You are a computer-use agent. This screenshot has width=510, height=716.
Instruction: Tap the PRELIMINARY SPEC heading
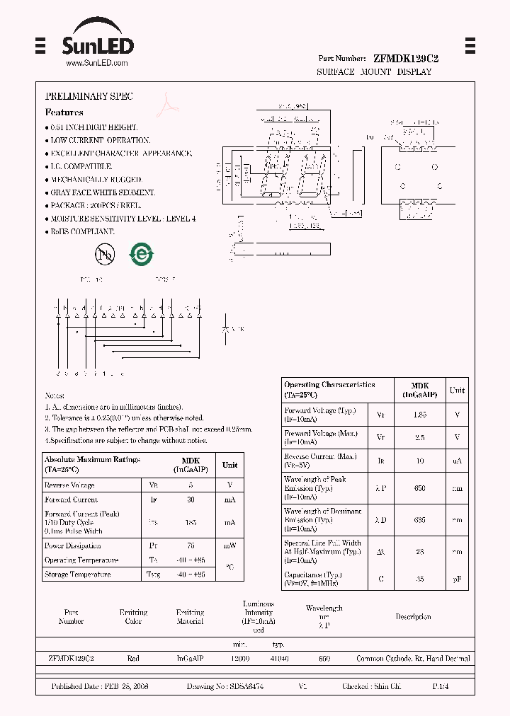pyautogui.click(x=89, y=96)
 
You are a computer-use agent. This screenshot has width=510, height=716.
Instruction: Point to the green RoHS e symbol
pyautogui.click(x=141, y=255)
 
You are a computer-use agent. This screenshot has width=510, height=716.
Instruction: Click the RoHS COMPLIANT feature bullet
pyautogui.click(x=82, y=232)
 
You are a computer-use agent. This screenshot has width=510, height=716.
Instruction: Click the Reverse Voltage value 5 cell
pyautogui.click(x=189, y=485)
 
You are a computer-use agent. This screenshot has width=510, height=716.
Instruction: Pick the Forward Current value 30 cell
pyautogui.click(x=189, y=500)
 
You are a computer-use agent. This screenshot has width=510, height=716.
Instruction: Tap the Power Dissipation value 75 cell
pyautogui.click(x=189, y=545)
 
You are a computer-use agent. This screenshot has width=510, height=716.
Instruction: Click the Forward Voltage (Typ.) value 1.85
pyautogui.click(x=420, y=415)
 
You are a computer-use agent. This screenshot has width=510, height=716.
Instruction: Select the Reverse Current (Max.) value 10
pyautogui.click(x=420, y=461)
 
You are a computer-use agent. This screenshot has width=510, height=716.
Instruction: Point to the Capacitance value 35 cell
pyautogui.click(x=420, y=579)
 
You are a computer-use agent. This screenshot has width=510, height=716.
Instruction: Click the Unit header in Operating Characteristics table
pyautogui.click(x=458, y=390)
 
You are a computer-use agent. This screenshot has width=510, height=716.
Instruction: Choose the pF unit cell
pyautogui.click(x=458, y=579)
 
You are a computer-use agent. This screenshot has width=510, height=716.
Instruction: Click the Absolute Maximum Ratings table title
pyautogui.click(x=92, y=464)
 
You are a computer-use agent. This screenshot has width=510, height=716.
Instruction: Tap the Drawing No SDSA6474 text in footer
pyautogui.click(x=225, y=687)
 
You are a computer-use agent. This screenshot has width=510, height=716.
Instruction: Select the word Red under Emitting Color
pyautogui.click(x=133, y=659)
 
